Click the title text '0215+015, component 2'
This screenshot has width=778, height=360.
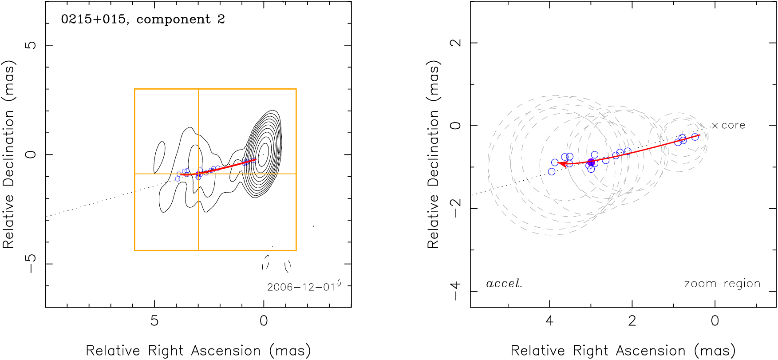click(x=143, y=20)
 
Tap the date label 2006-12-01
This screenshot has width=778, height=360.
click(x=301, y=287)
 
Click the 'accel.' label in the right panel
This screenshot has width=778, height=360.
click(x=504, y=284)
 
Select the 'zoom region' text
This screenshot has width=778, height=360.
click(x=722, y=284)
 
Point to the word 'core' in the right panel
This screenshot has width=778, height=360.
click(x=733, y=126)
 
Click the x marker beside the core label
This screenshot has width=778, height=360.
click(x=715, y=126)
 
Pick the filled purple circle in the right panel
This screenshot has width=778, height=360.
click(x=591, y=162)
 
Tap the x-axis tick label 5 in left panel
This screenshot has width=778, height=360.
click(x=154, y=321)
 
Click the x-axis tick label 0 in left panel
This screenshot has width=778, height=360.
click(x=264, y=321)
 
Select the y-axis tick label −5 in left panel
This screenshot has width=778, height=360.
click(x=31, y=264)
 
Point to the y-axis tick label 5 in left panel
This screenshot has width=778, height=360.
click(x=31, y=45)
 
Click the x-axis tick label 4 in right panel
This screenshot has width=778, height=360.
click(x=549, y=321)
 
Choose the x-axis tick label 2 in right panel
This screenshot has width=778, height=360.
click(x=632, y=321)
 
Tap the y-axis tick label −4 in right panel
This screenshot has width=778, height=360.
click(x=456, y=291)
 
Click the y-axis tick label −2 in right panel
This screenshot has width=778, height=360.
click(x=456, y=208)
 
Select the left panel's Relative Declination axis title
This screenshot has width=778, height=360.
click(x=9, y=154)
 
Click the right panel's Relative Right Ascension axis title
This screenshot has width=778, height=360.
click(x=623, y=351)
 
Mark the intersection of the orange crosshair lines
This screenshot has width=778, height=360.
click(x=198, y=174)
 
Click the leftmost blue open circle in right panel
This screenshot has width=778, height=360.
click(x=552, y=171)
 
